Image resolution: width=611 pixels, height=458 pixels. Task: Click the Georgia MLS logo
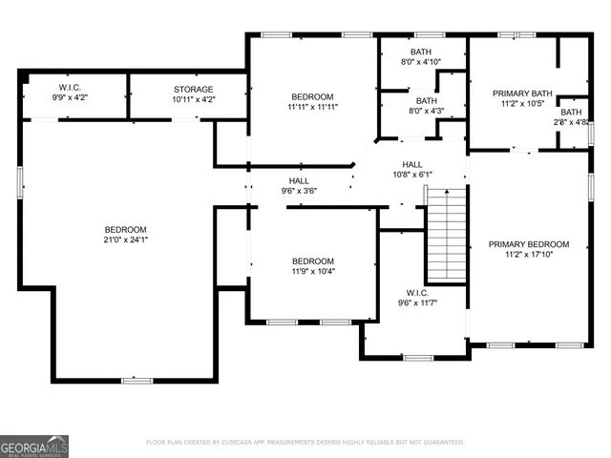[x=34, y=446]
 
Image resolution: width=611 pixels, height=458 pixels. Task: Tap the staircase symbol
[x=446, y=234]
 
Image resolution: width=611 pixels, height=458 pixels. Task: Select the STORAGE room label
[x=194, y=89]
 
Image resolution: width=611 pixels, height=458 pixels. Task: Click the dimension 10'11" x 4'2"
[x=194, y=99]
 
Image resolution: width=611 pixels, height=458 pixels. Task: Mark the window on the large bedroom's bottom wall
[x=137, y=381]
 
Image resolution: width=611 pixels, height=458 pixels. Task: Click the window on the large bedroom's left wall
[x=21, y=181]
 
